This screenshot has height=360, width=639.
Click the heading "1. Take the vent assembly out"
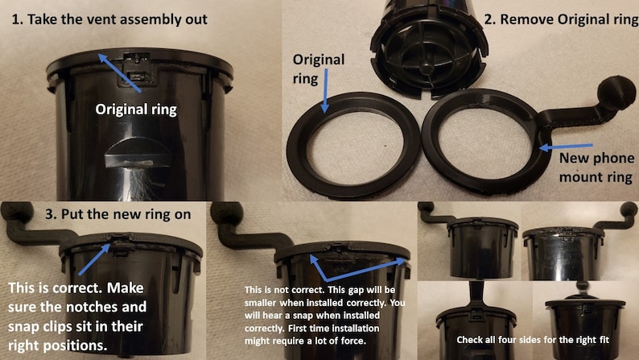109,19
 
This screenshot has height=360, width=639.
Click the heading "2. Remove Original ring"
561,19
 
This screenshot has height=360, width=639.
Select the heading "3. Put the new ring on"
117,214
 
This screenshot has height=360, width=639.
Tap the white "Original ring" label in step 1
136,110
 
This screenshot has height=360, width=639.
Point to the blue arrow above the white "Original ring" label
119,72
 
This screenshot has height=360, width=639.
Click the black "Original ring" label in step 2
319,68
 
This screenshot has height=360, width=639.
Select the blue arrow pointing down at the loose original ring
325,91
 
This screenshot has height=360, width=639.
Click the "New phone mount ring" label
596,168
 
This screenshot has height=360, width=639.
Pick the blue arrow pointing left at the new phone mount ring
566,147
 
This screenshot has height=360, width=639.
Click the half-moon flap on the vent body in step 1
138,153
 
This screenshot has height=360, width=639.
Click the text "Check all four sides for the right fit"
533,340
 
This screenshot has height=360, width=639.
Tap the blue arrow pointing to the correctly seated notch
93,259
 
